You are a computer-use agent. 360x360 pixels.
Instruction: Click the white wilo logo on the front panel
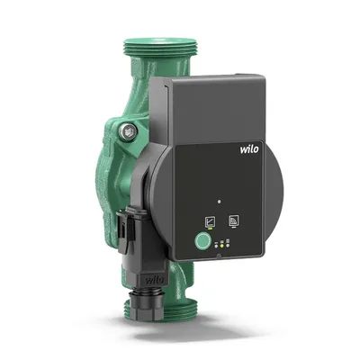tap(249, 148)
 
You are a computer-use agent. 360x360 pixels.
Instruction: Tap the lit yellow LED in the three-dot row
tap(222, 246)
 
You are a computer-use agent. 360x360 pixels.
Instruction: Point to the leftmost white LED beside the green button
tap(216, 246)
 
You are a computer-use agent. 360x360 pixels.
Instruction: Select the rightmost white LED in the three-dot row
tap(228, 245)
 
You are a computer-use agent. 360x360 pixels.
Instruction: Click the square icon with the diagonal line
tap(210, 221)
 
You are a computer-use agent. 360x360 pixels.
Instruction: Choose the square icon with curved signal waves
tap(233, 220)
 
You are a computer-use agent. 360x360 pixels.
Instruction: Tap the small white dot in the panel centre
tap(220, 202)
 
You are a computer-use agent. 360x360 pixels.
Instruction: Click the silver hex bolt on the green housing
tap(128, 130)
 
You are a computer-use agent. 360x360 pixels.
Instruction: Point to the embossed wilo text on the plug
tap(155, 280)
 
